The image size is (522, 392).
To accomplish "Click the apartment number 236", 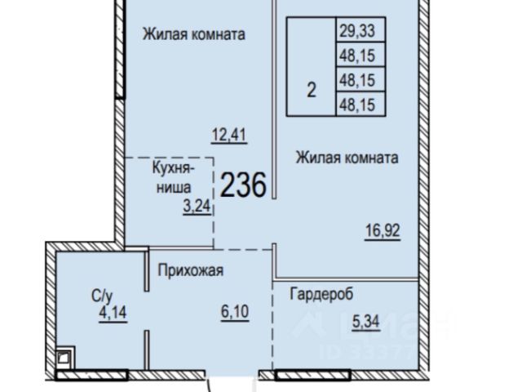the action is click(x=243, y=185).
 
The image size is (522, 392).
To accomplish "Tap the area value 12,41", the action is click(x=229, y=136).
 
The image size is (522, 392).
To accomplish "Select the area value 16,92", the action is click(x=383, y=230).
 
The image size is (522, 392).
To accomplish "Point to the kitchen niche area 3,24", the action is click(x=197, y=207).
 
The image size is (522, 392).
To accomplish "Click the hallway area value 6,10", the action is click(x=235, y=312).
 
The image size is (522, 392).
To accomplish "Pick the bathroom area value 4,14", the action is click(x=113, y=313).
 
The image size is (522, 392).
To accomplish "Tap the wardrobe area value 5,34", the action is click(x=366, y=322).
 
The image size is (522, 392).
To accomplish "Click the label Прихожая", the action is click(x=190, y=270).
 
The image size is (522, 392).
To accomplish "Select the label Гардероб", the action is click(x=321, y=294).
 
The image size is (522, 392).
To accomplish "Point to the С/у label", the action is click(x=102, y=296).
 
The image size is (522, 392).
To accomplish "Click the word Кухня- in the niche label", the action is click(x=173, y=168).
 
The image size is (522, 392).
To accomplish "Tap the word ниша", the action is click(x=174, y=188).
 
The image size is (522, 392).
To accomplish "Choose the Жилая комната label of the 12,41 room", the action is click(x=194, y=34).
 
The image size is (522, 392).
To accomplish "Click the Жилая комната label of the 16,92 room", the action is click(x=347, y=158).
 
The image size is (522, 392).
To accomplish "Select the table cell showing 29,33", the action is click(x=361, y=29).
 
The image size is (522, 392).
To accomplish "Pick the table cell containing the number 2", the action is click(x=312, y=67).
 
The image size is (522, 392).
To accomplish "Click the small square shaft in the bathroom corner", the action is click(x=65, y=358).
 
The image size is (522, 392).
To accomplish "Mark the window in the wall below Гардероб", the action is click(x=312, y=375).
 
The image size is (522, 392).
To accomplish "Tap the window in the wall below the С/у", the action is click(x=91, y=375).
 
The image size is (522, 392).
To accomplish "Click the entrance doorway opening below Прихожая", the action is click(x=232, y=375).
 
